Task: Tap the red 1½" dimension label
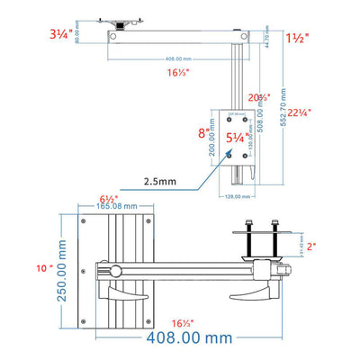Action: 299,40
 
